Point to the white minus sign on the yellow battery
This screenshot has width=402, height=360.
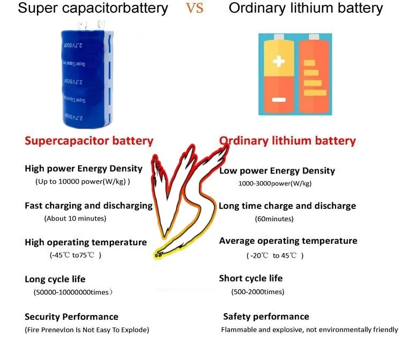(x=279, y=100)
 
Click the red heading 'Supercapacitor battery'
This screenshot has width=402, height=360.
(x=89, y=141)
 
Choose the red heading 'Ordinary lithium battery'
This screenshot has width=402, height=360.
(x=288, y=141)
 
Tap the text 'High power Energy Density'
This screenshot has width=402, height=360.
(x=84, y=169)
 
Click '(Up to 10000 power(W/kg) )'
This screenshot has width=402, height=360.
(x=83, y=182)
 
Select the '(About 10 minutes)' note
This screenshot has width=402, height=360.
(x=75, y=219)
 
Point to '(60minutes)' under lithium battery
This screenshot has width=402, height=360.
(x=274, y=219)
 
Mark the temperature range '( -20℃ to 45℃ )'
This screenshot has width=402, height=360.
(x=276, y=256)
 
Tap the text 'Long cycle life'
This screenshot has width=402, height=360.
(x=55, y=279)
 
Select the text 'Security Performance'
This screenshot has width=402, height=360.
(x=71, y=317)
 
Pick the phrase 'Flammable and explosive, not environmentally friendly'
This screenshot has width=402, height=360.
(x=309, y=329)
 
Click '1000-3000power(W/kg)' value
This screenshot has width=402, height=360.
(x=274, y=183)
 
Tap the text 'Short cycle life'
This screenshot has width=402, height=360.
(x=250, y=279)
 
